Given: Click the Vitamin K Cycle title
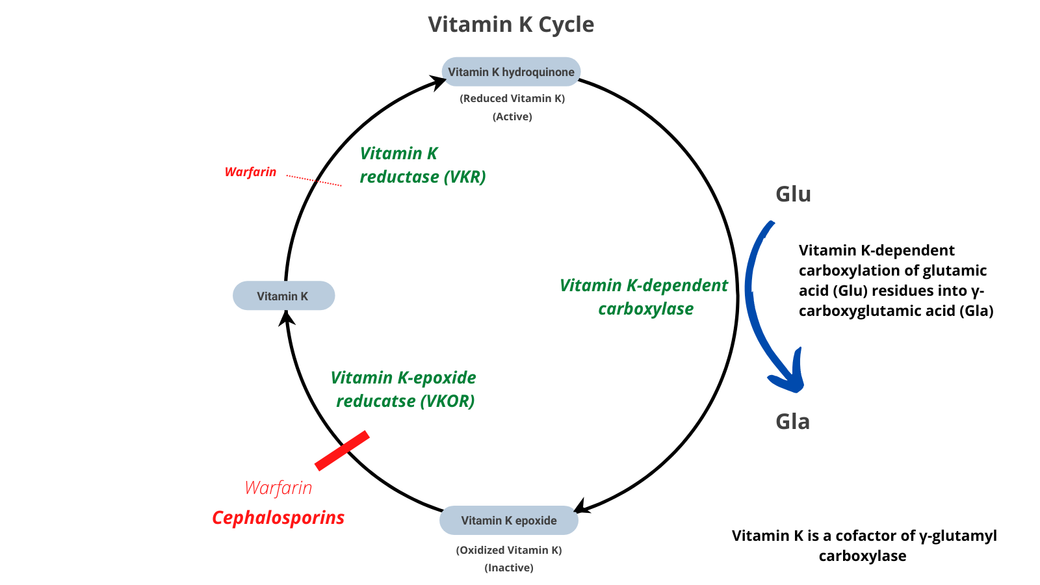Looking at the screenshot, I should point(511,25).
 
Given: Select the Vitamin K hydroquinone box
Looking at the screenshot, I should point(511,72).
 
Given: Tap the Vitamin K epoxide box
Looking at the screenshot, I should point(509,521).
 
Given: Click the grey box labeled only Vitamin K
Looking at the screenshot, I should point(283,296).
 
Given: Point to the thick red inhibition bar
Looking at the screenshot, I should point(342,450).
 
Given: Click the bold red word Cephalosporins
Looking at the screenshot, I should point(278,518).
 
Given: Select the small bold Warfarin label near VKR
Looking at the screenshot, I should point(250,172).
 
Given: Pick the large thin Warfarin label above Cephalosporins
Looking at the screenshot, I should point(278,488).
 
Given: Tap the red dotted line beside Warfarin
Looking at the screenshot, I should point(314,180).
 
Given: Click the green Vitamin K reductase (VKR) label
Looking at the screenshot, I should point(422,165).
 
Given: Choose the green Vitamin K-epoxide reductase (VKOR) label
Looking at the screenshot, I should point(404,389).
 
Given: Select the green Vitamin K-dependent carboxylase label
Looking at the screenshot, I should point(644,297).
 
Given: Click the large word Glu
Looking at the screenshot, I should point(793,194).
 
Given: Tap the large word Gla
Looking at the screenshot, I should point(792,422).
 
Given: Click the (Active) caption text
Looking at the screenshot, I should point(512,117).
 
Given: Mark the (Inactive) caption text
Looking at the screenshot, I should point(509,568).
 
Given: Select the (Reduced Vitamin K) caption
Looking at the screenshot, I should point(512,99).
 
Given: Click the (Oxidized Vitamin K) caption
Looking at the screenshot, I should point(509,551).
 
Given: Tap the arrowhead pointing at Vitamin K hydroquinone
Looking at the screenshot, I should point(439,82).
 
